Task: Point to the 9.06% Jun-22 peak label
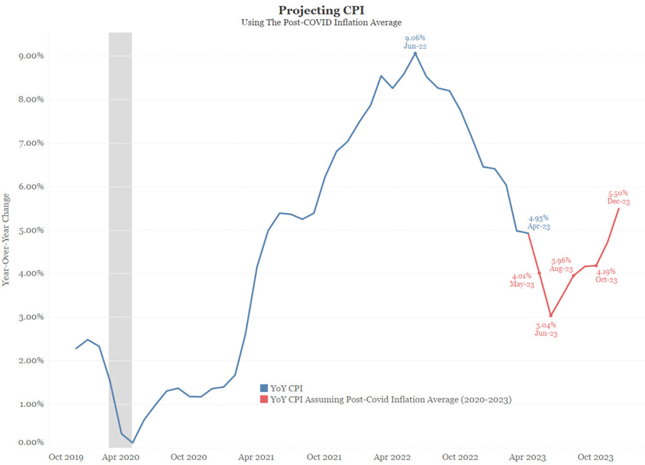click(415, 42)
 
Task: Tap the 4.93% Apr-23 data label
click(539, 223)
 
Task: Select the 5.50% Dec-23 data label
click(619, 197)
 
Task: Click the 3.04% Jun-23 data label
click(546, 329)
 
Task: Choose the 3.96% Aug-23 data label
click(561, 264)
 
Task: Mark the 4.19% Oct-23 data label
click(606, 275)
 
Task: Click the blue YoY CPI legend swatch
click(263, 388)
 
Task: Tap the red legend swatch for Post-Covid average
click(263, 400)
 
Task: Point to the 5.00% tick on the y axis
click(30, 230)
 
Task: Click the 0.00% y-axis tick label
click(30, 442)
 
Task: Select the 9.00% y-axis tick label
click(30, 56)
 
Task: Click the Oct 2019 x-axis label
click(65, 457)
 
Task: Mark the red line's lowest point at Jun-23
click(551, 315)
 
